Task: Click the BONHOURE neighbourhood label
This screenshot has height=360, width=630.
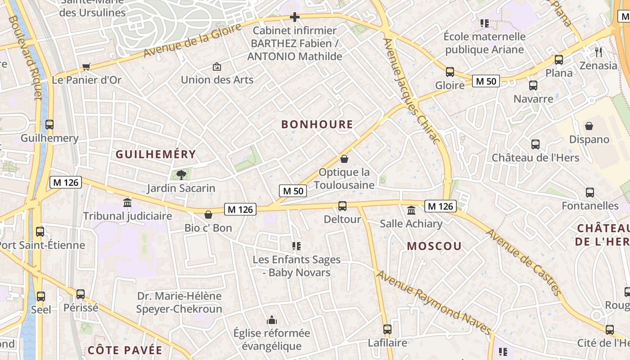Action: click(x=317, y=125)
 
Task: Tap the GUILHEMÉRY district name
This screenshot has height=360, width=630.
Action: click(x=156, y=154)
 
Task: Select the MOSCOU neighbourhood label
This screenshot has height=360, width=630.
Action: click(x=434, y=246)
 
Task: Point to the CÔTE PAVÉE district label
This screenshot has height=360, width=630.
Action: click(x=125, y=350)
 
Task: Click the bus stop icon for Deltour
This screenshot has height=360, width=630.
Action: click(x=342, y=206)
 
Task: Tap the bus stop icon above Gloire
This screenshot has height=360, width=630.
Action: click(x=450, y=72)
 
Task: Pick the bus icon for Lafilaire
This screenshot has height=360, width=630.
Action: click(x=387, y=329)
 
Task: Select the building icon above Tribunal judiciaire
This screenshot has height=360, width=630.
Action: click(x=127, y=203)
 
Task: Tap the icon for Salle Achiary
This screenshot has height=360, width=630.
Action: click(x=411, y=210)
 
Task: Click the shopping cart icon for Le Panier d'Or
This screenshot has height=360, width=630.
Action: click(x=86, y=67)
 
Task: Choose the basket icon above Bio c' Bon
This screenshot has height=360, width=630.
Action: click(x=208, y=215)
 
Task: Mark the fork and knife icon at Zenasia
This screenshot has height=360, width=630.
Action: click(x=598, y=52)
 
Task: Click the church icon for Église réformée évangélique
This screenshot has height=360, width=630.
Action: click(x=272, y=320)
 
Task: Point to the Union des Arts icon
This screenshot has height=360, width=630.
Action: click(x=217, y=67)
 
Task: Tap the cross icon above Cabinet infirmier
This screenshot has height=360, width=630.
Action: click(x=295, y=18)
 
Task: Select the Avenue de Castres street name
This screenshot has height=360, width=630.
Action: click(x=524, y=263)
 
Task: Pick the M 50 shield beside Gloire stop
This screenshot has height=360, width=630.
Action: click(x=486, y=81)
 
